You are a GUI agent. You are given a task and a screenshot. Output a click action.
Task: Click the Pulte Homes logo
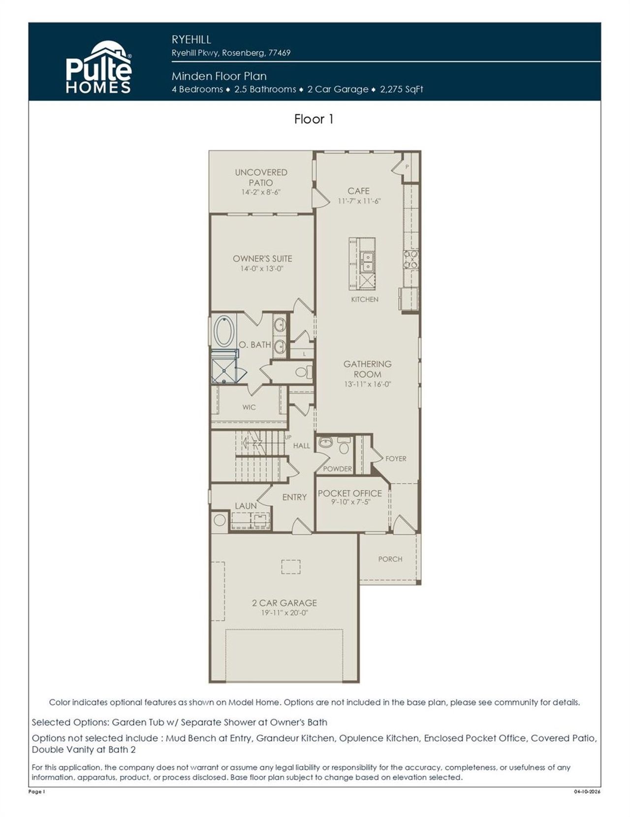[x=98, y=68]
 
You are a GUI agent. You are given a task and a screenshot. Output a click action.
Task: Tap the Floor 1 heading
[x=314, y=119]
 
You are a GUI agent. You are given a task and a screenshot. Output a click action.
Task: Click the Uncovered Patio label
[x=261, y=177]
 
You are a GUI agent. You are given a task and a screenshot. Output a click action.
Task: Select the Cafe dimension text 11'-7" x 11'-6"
[x=359, y=201]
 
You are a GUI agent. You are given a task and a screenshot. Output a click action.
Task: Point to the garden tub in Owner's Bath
[x=224, y=332]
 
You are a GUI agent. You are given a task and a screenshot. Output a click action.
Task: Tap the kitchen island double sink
[x=367, y=262]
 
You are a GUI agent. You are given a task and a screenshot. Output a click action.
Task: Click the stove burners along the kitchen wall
[x=411, y=259]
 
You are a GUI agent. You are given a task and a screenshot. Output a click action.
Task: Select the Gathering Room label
[x=367, y=369]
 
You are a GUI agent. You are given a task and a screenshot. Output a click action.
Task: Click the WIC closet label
[x=249, y=407]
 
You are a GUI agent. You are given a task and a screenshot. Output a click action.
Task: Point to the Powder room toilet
[x=344, y=447]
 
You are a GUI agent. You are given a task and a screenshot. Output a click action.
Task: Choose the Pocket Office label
[x=349, y=493]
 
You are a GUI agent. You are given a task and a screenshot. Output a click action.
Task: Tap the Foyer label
[x=396, y=458]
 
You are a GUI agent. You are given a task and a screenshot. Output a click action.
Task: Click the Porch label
[x=390, y=559]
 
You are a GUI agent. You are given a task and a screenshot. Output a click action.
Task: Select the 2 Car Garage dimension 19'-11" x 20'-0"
[x=284, y=613]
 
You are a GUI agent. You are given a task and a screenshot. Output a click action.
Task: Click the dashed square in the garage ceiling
[x=290, y=567]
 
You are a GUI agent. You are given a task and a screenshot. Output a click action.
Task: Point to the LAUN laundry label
[x=245, y=506]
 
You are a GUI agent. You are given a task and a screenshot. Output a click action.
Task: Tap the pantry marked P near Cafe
[x=407, y=167]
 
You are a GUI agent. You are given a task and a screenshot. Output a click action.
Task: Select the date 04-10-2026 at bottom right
[x=587, y=792]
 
